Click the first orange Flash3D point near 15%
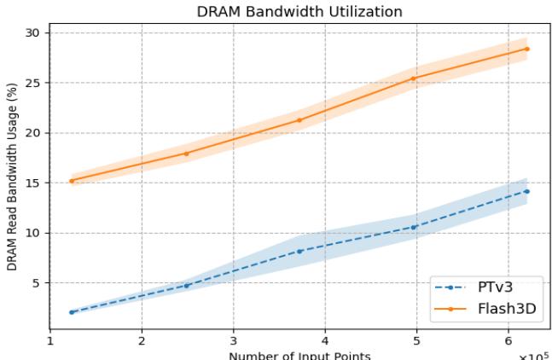tap(72, 181)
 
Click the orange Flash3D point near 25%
tap(413, 78)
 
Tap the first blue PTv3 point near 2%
tap(72, 312)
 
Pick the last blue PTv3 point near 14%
tap(526, 191)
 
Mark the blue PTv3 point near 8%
tap(299, 251)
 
